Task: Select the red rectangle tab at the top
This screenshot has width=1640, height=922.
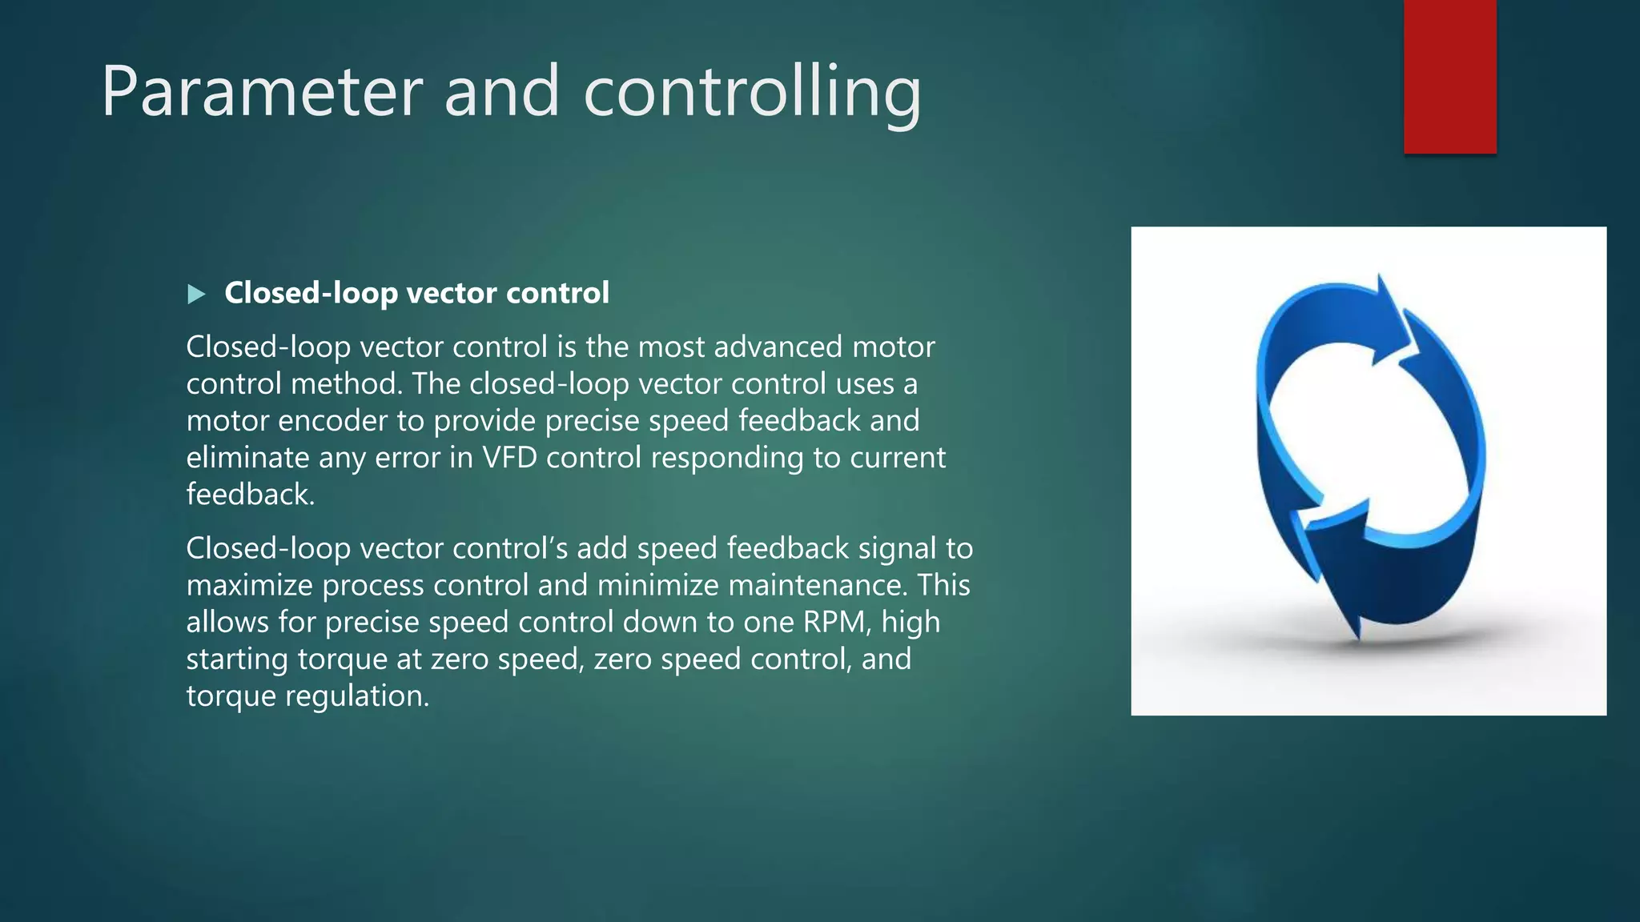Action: (1449, 77)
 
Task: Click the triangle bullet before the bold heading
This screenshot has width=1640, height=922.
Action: (196, 295)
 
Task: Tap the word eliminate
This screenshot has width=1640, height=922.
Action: (247, 458)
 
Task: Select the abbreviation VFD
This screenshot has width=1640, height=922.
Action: (509, 458)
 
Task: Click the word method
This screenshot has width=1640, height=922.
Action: (346, 384)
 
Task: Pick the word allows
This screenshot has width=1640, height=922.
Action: (227, 623)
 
